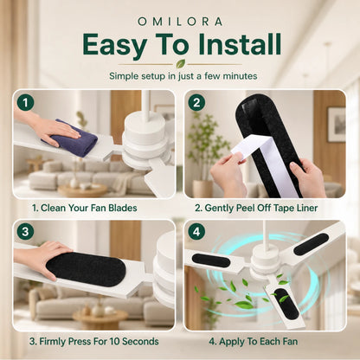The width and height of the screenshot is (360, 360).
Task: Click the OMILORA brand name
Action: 180,22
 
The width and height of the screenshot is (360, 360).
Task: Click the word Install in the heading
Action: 240,44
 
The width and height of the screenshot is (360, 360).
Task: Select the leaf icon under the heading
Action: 181,63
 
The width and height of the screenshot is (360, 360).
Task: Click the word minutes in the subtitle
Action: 240,76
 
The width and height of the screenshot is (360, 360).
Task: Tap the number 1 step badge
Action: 25,103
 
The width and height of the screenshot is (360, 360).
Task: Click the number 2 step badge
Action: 196,103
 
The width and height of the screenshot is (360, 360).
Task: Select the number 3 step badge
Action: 25,232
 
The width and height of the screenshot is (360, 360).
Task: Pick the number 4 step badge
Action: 196,232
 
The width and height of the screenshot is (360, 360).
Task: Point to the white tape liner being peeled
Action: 268,162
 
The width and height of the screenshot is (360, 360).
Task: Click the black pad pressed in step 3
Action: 86,269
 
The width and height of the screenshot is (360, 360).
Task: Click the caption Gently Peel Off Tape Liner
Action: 256,208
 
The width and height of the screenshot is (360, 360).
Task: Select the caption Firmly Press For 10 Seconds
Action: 94,342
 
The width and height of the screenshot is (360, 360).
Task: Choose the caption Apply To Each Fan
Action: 254,342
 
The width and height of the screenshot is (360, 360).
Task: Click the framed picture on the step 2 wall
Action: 337,125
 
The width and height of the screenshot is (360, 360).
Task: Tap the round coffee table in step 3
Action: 100,318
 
